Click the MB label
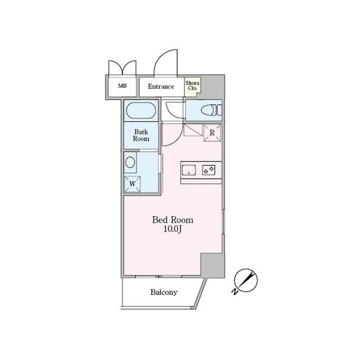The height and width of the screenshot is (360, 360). (x=123, y=86)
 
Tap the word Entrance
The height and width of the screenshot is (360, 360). (x=161, y=87)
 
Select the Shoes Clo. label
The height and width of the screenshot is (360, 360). (x=192, y=85)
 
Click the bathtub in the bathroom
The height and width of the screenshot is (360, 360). (x=141, y=110)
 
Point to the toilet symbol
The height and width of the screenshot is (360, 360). (x=211, y=110)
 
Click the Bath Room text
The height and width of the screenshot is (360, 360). (x=141, y=135)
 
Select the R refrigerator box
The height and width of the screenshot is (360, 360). (x=212, y=133)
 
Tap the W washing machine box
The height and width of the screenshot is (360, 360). (x=132, y=184)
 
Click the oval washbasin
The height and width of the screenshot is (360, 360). (x=130, y=163)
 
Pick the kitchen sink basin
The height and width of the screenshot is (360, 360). (x=189, y=170)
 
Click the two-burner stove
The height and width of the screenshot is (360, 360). (x=209, y=170)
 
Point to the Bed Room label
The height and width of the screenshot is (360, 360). (x=173, y=220)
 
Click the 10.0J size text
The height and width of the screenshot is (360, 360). (x=173, y=229)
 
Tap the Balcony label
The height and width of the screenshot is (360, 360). (x=164, y=292)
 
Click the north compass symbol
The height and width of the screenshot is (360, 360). (x=246, y=280)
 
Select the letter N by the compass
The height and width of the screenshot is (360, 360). (x=235, y=291)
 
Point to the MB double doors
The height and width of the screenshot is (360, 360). (x=123, y=67)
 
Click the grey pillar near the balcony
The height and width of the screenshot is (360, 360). (x=213, y=265)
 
